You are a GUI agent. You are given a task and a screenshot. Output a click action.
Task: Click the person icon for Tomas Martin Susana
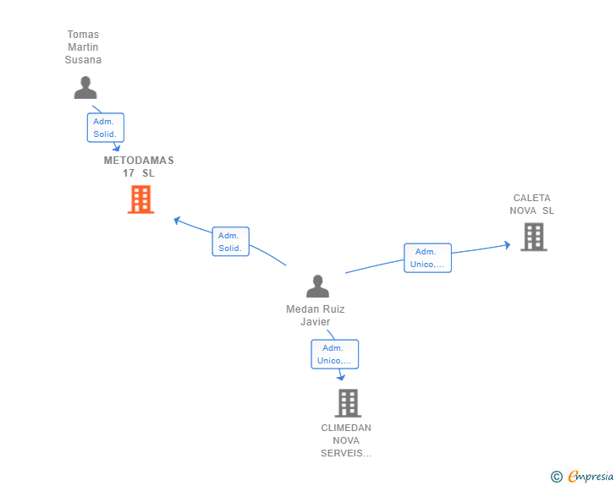coord(85,88)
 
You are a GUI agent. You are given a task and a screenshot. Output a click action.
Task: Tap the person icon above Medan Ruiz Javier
coord(317,286)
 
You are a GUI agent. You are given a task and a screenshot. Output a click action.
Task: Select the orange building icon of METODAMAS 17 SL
coord(140,199)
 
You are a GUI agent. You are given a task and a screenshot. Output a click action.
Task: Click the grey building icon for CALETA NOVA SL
coord(534,237)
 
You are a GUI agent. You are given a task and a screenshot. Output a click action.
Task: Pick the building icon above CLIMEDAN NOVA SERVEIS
coord(348,403)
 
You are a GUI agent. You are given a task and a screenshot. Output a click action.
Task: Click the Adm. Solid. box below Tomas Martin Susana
coord(105,128)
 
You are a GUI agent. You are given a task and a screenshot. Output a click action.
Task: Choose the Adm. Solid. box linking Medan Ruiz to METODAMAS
coord(231,242)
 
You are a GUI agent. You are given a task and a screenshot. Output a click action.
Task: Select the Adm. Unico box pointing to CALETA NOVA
coord(428,258)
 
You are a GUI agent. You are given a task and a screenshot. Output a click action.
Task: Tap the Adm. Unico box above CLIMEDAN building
coord(335,354)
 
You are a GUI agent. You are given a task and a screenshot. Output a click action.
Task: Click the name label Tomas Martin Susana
coord(83,47)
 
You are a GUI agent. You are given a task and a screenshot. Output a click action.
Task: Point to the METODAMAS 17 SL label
coord(139,167)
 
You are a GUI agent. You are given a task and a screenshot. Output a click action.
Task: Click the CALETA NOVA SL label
coord(532,205)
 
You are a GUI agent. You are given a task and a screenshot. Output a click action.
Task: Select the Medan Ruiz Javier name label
coord(316,315)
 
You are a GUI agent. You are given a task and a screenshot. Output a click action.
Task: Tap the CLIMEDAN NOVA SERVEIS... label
coord(346,440)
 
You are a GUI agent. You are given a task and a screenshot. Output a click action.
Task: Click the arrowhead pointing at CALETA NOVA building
coord(508,245)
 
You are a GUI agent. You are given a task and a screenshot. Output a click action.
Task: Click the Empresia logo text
coord(591,476)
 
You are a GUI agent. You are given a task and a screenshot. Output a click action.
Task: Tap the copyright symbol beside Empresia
coord(556,477)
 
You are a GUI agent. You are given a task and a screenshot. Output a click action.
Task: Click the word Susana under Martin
coord(83,60)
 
